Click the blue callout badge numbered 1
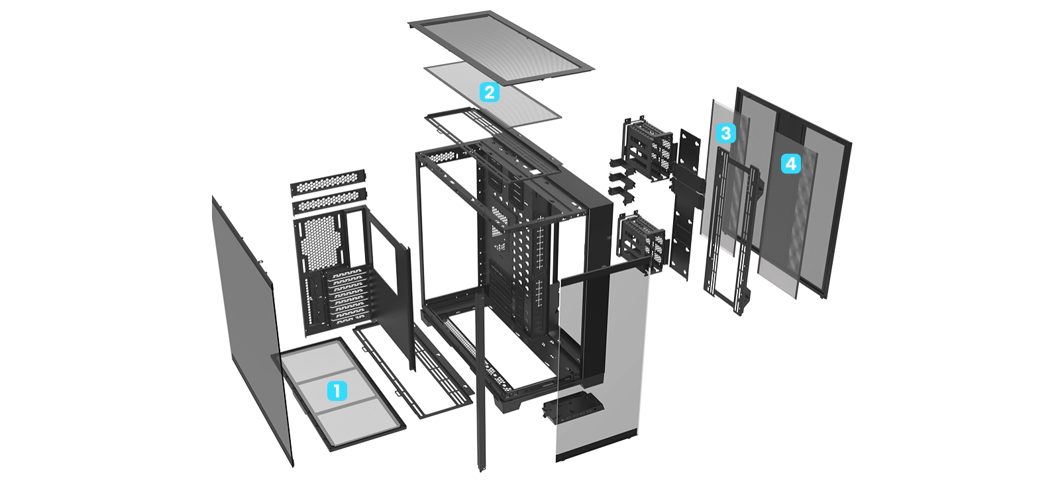[x=337, y=391]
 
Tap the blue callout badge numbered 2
[x=490, y=92]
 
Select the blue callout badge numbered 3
[x=726, y=133]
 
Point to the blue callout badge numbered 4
[x=791, y=163]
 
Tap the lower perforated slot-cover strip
[x=329, y=200]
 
